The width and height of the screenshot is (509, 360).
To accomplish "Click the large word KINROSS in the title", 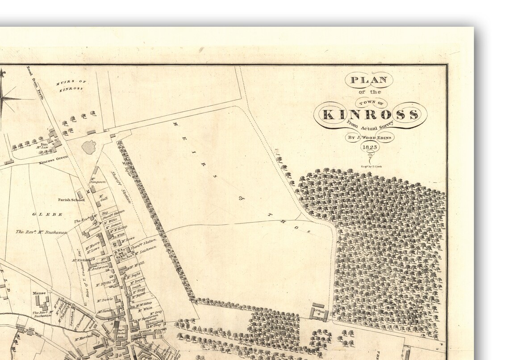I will pos(370,115).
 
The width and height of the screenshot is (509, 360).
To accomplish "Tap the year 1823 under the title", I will pos(370,147).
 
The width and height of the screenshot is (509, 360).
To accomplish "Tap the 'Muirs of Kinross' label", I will pos(71,85).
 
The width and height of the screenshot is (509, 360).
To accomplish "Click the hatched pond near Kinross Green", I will pos(89,147).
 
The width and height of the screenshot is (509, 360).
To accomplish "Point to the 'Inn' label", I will pos(44,144).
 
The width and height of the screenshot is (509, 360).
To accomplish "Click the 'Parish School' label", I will pos(71,200).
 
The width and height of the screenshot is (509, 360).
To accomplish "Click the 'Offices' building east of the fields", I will pos(320,312).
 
